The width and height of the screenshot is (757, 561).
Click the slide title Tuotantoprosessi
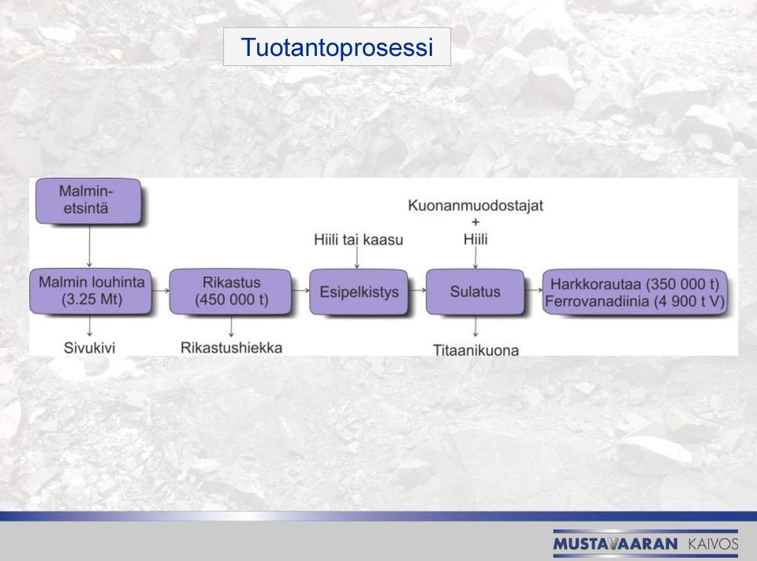[x=337, y=47]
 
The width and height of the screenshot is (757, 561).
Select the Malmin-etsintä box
[x=88, y=201]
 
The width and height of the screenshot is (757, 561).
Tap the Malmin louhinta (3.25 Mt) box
[x=91, y=292]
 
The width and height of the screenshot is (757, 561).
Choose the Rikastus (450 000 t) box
[x=231, y=292]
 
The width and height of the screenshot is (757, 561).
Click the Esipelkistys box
[x=359, y=292]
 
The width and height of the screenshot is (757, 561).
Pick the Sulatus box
[x=475, y=292]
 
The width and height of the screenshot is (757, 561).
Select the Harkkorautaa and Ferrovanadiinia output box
[x=635, y=292]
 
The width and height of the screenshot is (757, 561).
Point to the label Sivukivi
[x=89, y=347]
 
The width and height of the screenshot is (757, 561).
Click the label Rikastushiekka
[x=231, y=347]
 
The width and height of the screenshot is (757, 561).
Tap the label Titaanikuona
[x=475, y=350]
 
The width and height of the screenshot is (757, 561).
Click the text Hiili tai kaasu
[x=358, y=240]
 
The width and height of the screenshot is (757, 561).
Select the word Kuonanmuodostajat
[x=475, y=206]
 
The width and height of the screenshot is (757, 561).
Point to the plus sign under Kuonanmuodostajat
[x=475, y=222]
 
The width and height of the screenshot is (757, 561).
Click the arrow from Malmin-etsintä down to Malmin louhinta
[x=89, y=246]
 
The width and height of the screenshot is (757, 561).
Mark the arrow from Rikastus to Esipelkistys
[x=300, y=291]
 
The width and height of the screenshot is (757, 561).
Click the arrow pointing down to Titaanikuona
[x=475, y=326]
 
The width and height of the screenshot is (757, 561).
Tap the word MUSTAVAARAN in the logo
[x=616, y=544]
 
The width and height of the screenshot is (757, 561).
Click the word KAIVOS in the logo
[x=713, y=544]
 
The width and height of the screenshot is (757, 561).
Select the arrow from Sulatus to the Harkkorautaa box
[x=534, y=291]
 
